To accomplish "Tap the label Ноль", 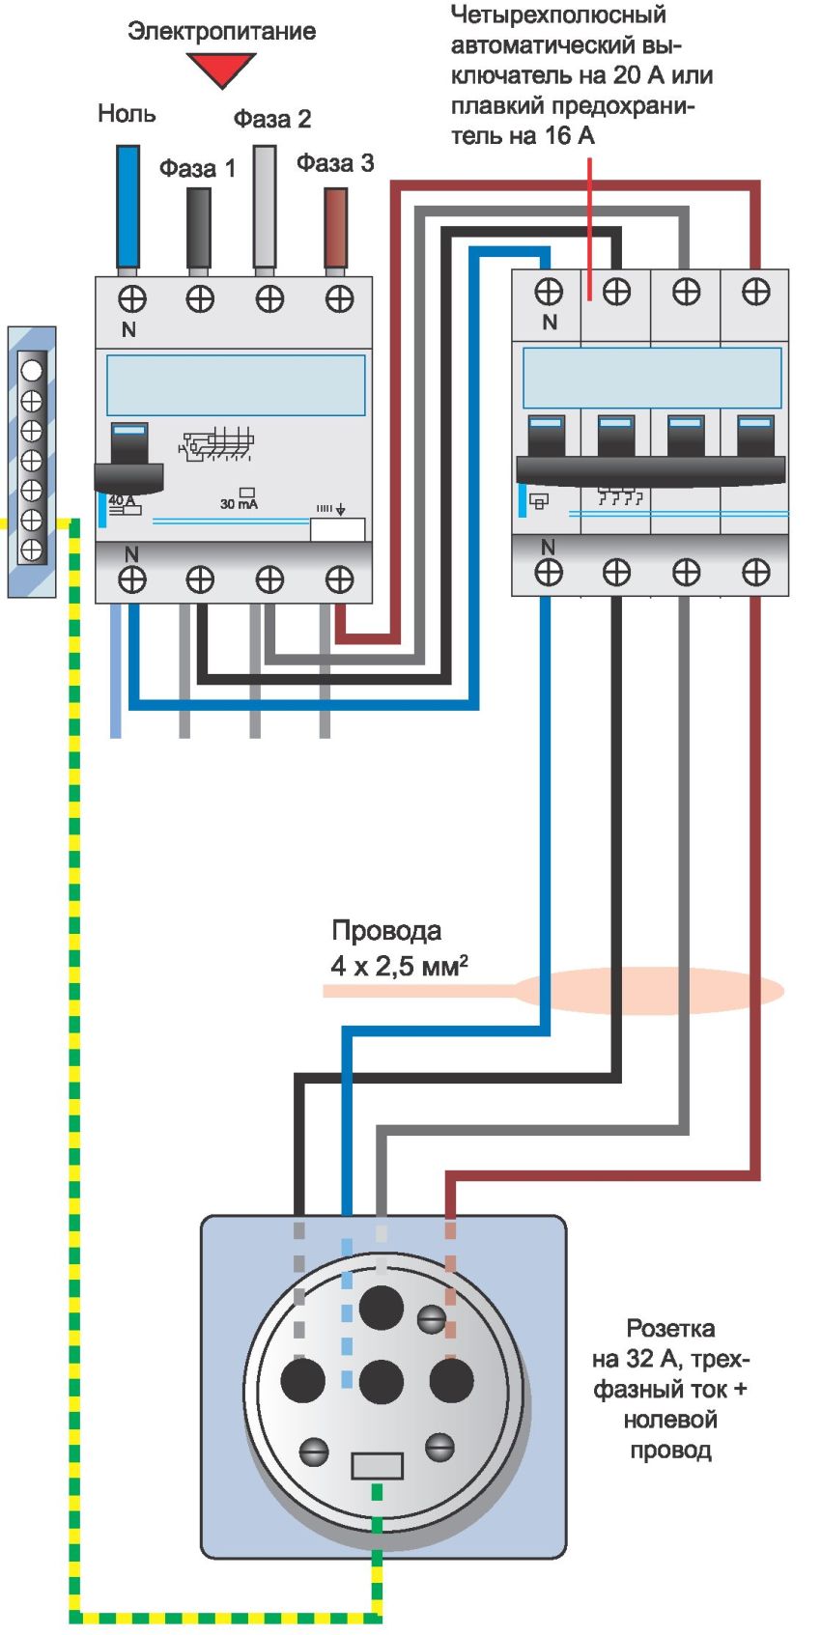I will [127, 114].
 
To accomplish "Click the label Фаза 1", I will [197, 169].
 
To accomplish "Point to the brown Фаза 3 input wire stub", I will [335, 228].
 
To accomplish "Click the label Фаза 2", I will [272, 120].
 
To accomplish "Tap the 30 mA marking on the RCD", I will [239, 503].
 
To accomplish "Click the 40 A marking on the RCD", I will [122, 500].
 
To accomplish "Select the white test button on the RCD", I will [337, 530].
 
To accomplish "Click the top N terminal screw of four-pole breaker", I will [549, 291].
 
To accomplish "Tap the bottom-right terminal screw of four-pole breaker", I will [755, 573].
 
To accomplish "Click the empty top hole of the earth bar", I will [32, 370].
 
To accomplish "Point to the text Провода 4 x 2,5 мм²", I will [396, 948].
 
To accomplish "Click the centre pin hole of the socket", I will [381, 1382].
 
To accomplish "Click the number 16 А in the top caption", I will [569, 136].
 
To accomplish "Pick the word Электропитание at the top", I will [221, 31].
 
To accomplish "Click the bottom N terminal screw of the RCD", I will [131, 579].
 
